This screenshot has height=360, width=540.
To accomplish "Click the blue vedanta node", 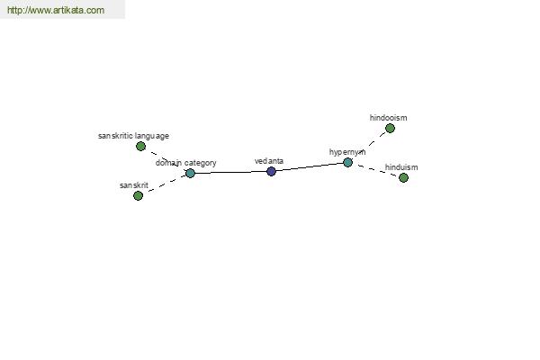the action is [271, 171].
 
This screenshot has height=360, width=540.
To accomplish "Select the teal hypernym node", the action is [347, 162].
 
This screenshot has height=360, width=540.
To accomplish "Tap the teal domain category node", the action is [190, 174].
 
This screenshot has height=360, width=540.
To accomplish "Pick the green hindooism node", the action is [390, 128].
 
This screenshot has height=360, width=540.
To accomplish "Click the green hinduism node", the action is [403, 178].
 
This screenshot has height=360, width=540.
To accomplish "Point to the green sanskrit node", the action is [138, 195].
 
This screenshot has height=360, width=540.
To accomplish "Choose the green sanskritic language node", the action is [140, 147].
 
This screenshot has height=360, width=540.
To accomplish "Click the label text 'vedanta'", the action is [269, 161].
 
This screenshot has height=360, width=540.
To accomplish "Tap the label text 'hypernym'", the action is [347, 152].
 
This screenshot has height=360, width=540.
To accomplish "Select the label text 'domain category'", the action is [186, 163].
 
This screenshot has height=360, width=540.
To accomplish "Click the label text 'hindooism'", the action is [388, 118].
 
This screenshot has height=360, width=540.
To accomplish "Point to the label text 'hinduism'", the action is [401, 167].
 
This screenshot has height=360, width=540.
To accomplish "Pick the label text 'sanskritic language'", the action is [133, 136].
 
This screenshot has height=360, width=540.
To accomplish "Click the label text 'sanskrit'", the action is [134, 185].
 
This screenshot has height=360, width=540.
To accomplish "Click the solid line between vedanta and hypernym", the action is [310, 166].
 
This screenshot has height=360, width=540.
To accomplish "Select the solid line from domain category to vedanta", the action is [230, 172].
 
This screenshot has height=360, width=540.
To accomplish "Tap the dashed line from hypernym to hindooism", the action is [369, 145].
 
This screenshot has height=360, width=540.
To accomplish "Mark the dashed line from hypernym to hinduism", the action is [375, 170].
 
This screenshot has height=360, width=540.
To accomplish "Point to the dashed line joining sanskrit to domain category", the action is [164, 184].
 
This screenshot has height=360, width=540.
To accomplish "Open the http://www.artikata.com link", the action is [56, 10].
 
